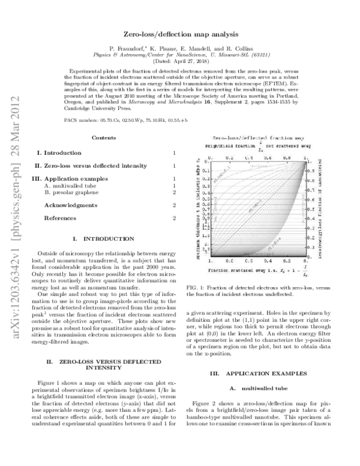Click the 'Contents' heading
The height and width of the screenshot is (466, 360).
[x=104, y=138]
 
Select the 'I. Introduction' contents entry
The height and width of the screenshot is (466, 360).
[x=58, y=154]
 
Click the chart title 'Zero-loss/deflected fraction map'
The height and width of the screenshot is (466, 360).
[x=256, y=138]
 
